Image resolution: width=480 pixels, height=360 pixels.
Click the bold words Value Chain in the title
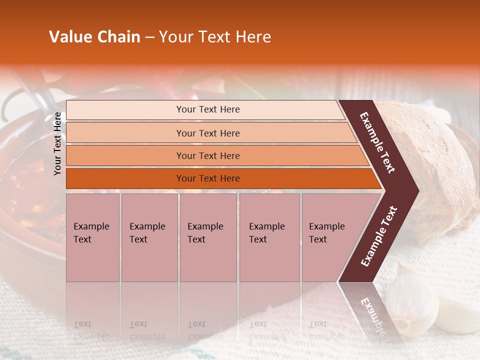(94, 37)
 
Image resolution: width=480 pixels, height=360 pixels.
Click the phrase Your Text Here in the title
(215, 37)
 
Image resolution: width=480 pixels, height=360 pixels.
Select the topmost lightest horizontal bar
(205, 109)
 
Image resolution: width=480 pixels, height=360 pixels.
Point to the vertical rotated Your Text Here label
(57, 143)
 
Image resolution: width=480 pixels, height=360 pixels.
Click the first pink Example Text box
(92, 237)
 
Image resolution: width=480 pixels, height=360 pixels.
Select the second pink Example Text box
(149, 237)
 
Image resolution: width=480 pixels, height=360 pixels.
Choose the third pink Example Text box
(207, 237)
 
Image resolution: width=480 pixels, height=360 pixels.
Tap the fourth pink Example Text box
(269, 237)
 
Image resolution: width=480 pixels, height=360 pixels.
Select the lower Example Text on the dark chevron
(379, 236)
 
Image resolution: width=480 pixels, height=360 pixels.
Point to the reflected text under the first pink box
(91, 330)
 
